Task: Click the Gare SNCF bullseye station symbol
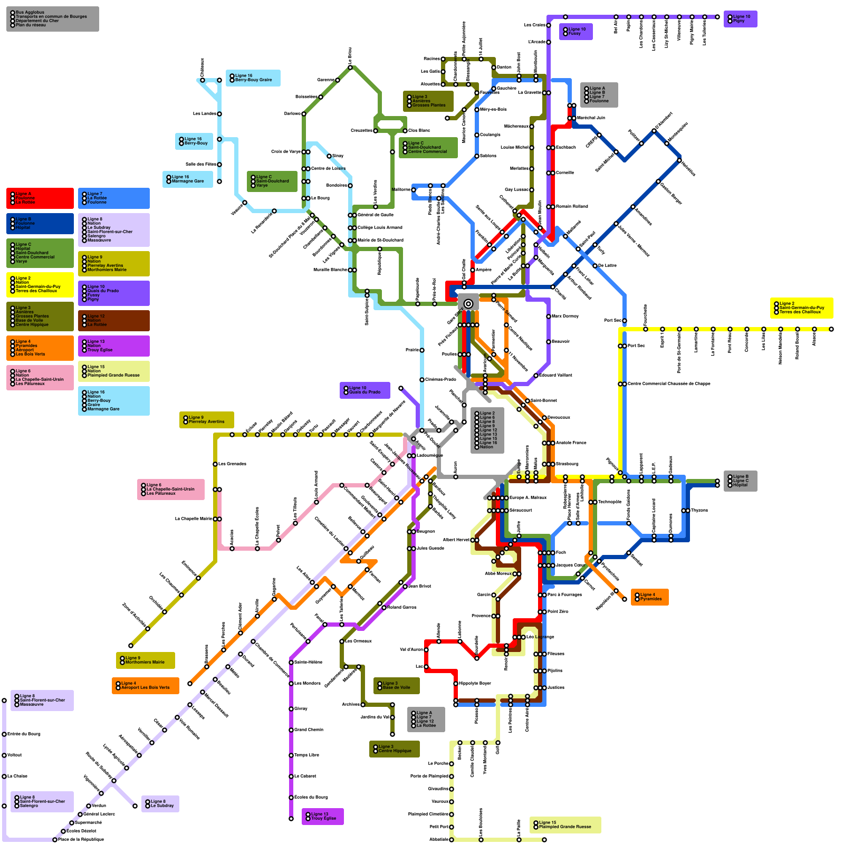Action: tap(468, 303)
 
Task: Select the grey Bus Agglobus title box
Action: tap(52, 18)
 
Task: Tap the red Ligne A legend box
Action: tap(40, 198)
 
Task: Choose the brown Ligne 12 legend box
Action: tap(113, 320)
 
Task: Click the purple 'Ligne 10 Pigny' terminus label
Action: tap(740, 18)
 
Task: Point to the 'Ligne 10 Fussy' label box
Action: tap(577, 31)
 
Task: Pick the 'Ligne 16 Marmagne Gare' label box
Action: tap(187, 179)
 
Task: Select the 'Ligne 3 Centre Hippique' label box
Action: tap(394, 749)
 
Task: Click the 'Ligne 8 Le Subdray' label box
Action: tap(160, 803)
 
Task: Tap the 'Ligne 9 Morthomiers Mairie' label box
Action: tap(145, 660)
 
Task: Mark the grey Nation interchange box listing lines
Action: tap(487, 430)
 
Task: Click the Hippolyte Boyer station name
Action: tap(475, 683)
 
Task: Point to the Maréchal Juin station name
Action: tap(591, 118)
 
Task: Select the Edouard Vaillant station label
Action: tap(555, 375)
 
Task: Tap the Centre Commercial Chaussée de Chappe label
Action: tap(669, 383)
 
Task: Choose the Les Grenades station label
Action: tap(232, 464)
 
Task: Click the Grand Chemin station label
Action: tap(309, 730)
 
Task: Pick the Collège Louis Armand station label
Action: tap(380, 227)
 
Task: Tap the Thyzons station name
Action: tap(699, 510)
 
